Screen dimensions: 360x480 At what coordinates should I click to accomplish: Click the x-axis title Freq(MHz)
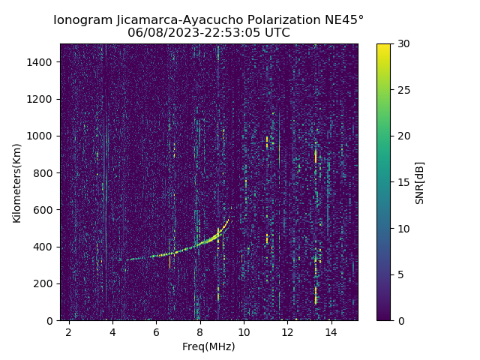(208, 346)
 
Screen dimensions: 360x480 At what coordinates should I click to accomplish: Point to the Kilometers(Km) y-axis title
(16, 182)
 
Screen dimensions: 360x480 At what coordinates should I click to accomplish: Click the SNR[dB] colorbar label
(420, 182)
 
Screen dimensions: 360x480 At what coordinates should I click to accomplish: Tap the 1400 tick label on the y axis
(42, 62)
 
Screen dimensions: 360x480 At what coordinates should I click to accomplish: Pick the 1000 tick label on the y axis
(42, 136)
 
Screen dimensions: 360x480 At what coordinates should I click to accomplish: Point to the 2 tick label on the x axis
(69, 331)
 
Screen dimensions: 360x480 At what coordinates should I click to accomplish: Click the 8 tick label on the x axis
(200, 331)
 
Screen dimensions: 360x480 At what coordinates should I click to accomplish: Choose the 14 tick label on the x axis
(331, 331)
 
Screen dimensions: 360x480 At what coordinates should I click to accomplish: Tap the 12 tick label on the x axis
(287, 331)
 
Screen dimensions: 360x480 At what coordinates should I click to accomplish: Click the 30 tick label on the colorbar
(403, 43)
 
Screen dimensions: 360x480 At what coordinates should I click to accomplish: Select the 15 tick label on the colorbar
(403, 182)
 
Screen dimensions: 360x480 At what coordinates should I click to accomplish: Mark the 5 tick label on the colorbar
(400, 274)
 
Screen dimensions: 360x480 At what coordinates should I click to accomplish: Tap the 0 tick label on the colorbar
(400, 320)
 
